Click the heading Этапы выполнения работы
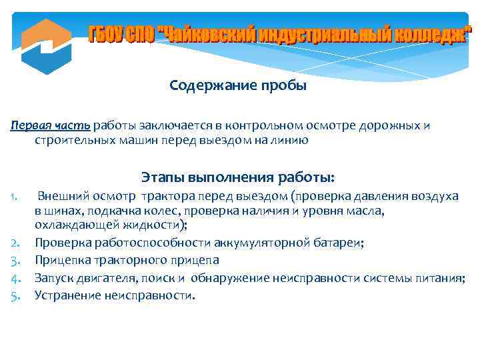[238, 177]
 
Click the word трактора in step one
[165, 196]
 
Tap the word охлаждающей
[71, 225]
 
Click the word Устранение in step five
[66, 294]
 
